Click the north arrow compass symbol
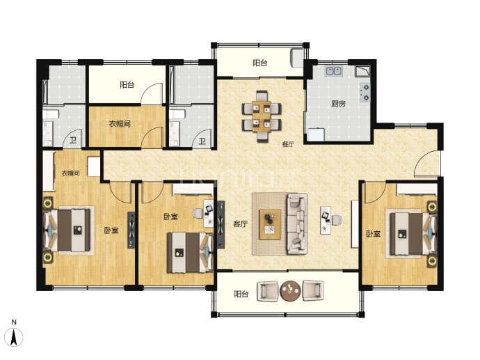coord(14,337)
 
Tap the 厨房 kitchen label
coord(338,104)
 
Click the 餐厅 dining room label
coord(288,144)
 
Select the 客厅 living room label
coord(240,224)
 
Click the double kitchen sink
coord(334,71)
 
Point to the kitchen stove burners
coord(365,93)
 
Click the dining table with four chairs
coord(262,116)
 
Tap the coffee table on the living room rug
coord(270,224)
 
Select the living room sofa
coord(296,224)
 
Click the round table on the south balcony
coord(290,291)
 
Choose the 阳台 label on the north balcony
coord(260,63)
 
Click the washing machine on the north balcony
coord(296,58)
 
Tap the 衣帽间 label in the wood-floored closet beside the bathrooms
coord(120,124)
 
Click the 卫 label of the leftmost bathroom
coord(73,141)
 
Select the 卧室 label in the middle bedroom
coord(170,217)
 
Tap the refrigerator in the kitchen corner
coord(316,135)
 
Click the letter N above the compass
coord(14,322)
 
